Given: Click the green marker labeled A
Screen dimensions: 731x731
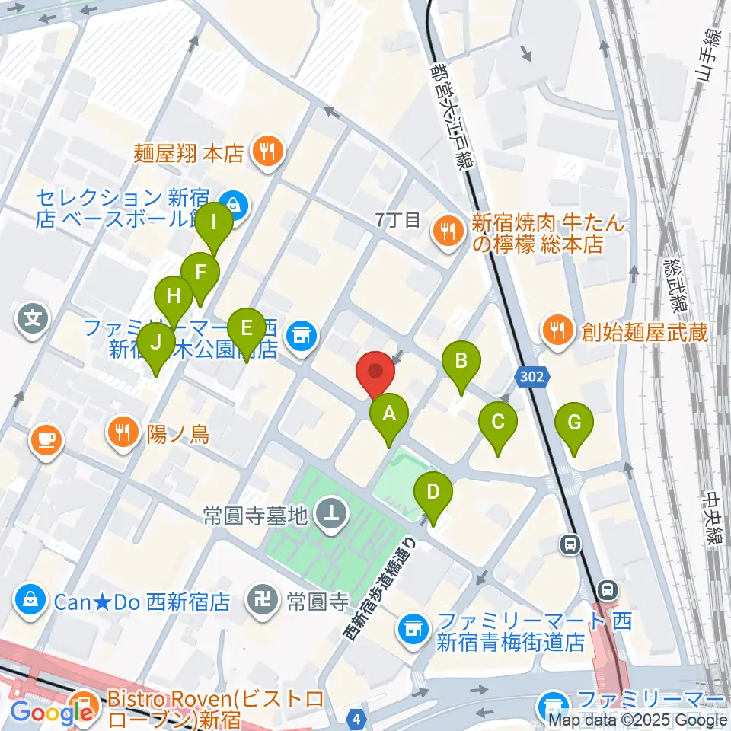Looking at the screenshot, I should click(389, 416).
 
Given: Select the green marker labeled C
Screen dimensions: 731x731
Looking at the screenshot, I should click(498, 423).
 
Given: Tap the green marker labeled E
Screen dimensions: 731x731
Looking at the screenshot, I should click(246, 329).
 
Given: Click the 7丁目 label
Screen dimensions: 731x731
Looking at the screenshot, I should click(397, 221).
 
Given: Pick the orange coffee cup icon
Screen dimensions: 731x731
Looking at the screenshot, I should click(46, 439).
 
